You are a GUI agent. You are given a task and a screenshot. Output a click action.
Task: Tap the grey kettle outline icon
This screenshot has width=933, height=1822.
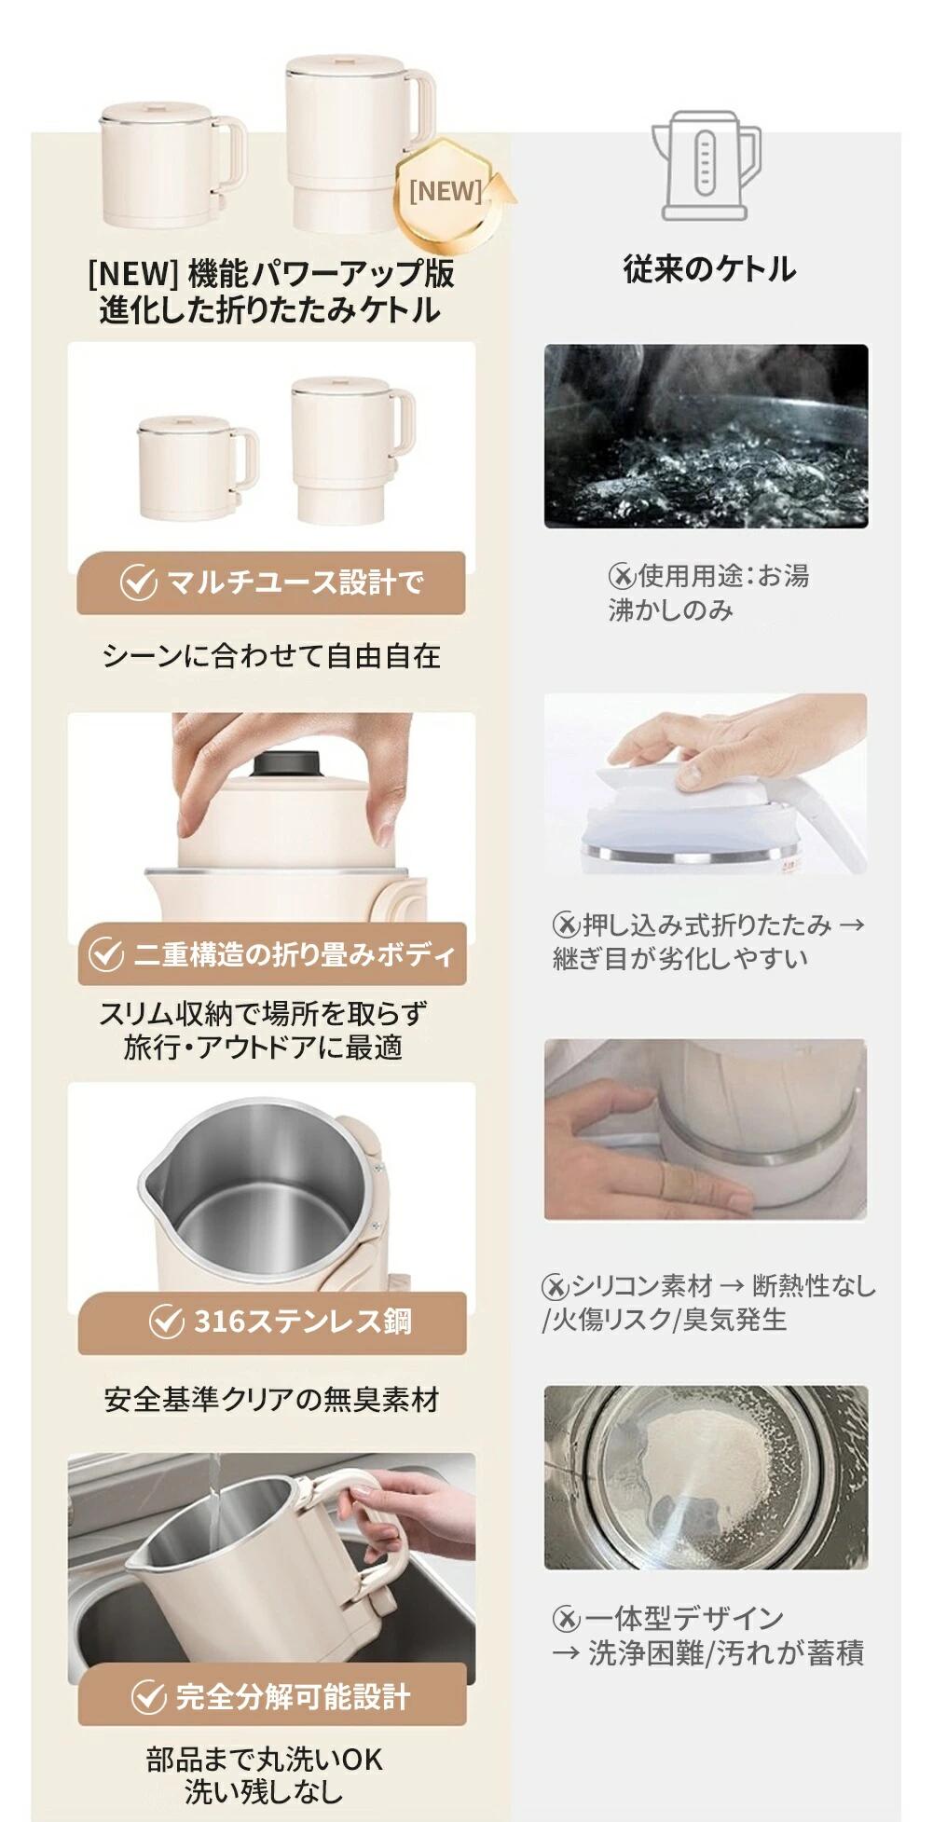[706, 166]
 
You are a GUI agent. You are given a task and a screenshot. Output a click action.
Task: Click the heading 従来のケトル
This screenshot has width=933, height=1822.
[709, 269]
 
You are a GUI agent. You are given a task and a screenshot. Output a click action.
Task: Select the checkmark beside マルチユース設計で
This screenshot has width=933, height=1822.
[138, 582]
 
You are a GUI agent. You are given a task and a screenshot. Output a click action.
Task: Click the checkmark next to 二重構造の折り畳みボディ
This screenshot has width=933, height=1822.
[105, 954]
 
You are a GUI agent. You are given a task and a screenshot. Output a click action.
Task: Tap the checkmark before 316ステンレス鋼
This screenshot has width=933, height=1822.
[166, 1322]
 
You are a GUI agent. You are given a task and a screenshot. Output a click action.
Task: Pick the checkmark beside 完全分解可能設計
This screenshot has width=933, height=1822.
[148, 1696]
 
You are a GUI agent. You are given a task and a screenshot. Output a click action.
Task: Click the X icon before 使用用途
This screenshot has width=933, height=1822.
[621, 577]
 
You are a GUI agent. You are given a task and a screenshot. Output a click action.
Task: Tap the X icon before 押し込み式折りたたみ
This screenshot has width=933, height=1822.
[566, 925]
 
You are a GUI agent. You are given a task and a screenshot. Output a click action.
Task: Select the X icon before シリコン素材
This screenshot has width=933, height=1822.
[555, 1287]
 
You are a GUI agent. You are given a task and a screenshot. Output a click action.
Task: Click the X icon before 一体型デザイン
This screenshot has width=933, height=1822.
[566, 1619]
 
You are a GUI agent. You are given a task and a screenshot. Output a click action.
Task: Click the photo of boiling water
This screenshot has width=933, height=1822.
[706, 436]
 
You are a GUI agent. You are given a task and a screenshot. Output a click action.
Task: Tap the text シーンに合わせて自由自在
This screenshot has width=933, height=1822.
[271, 656]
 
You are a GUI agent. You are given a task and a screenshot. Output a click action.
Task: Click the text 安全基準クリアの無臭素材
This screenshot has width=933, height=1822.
[271, 1400]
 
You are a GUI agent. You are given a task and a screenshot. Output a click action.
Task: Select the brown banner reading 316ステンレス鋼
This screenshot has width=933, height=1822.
[271, 1322]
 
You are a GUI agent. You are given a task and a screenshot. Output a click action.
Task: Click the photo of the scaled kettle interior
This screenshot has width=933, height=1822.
[706, 1477]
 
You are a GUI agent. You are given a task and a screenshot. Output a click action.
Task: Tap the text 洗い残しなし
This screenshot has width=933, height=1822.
[264, 1790]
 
